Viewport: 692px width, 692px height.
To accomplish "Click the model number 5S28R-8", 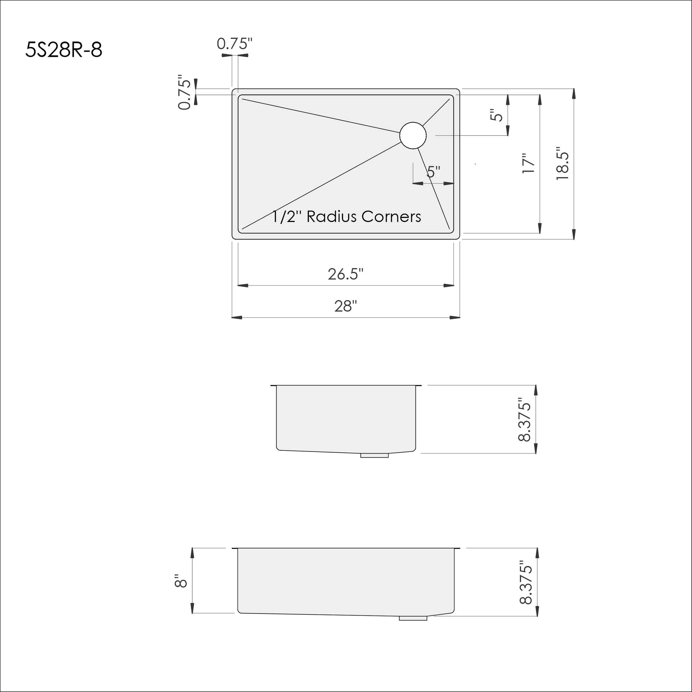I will point(64,50).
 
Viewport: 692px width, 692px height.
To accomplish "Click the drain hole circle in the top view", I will point(413,136).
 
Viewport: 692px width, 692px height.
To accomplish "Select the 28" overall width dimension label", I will point(346,306).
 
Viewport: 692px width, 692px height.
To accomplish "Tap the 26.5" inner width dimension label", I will point(346,274).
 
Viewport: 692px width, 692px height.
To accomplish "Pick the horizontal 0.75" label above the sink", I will point(235,44).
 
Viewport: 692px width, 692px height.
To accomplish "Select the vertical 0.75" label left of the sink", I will point(185,92).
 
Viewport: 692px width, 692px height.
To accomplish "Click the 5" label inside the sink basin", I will point(433,172).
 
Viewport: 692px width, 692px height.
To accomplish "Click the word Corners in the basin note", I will point(391,217).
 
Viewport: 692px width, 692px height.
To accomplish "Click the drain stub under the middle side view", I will point(374,456).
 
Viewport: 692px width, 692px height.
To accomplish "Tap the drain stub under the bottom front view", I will point(413,618).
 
